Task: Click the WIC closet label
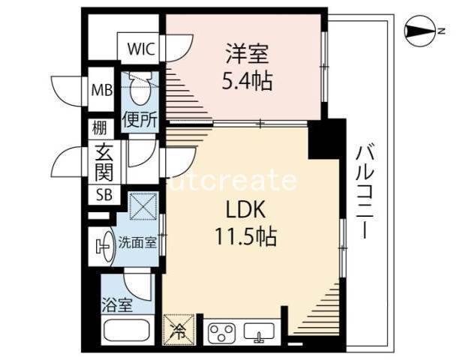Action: point(141,49)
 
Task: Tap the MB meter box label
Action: point(102,89)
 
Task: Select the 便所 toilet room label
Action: point(140,119)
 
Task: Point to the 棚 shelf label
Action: point(98,128)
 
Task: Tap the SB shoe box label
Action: point(104,195)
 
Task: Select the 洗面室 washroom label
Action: point(137,243)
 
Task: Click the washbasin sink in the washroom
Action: point(104,246)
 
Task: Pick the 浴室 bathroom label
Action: point(117,304)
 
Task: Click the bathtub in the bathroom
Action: point(128,331)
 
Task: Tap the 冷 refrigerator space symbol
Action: point(179,330)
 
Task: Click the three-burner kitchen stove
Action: point(221,331)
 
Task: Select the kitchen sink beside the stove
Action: point(259,331)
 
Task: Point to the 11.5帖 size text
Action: point(245,236)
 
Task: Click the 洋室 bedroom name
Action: point(248,54)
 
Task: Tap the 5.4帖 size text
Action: point(248,82)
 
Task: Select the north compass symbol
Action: point(420,31)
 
